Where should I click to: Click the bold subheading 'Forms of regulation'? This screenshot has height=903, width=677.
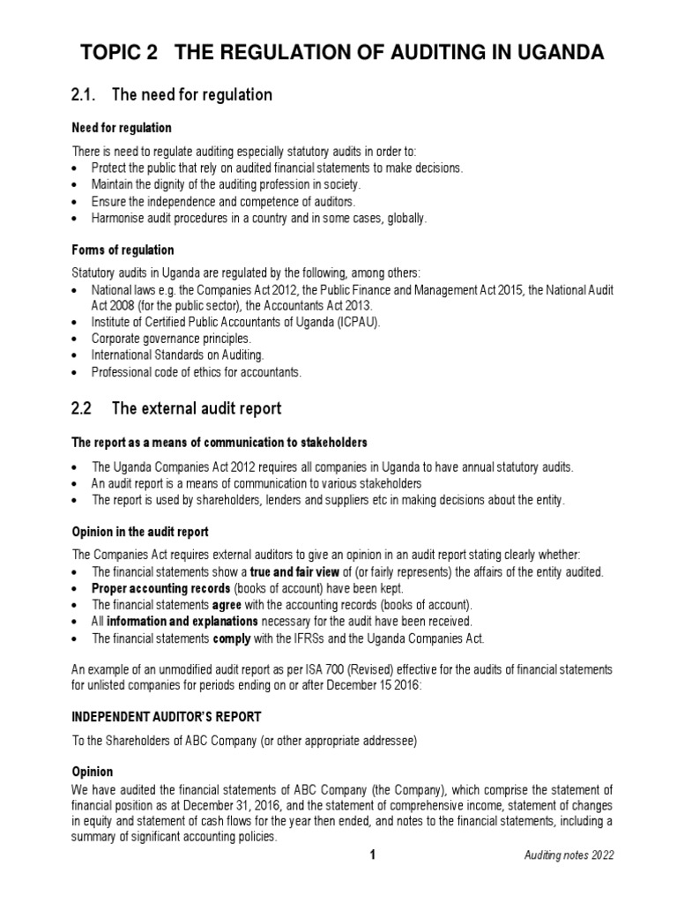tap(123, 250)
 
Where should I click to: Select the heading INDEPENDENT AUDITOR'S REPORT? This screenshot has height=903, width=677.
tap(166, 717)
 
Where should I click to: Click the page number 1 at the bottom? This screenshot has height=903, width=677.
tap(373, 855)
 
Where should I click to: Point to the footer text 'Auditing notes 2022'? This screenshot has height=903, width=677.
tap(569, 856)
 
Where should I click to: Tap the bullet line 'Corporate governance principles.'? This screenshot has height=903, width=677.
tap(171, 338)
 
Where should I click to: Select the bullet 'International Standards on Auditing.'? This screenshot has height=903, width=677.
tap(177, 355)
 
